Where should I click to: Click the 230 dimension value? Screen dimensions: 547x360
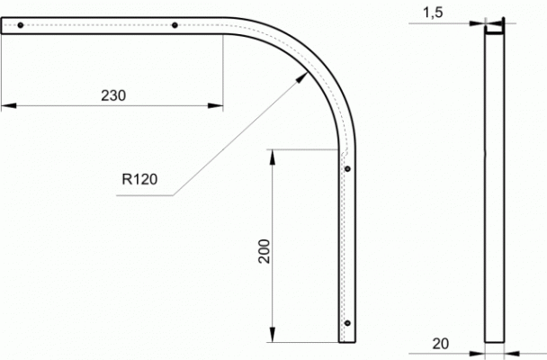(113, 95)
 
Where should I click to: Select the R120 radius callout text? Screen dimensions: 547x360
(139, 179)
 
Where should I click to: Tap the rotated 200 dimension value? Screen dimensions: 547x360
(265, 251)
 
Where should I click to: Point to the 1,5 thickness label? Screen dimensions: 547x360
(433, 13)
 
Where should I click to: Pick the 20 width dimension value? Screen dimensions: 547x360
(441, 344)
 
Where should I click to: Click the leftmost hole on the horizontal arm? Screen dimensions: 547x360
(21, 25)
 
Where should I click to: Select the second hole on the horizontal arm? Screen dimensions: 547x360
(175, 25)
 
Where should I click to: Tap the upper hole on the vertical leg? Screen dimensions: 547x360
(347, 169)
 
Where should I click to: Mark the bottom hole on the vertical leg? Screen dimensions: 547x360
(347, 323)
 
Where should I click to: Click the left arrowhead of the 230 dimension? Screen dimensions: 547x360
(9, 105)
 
